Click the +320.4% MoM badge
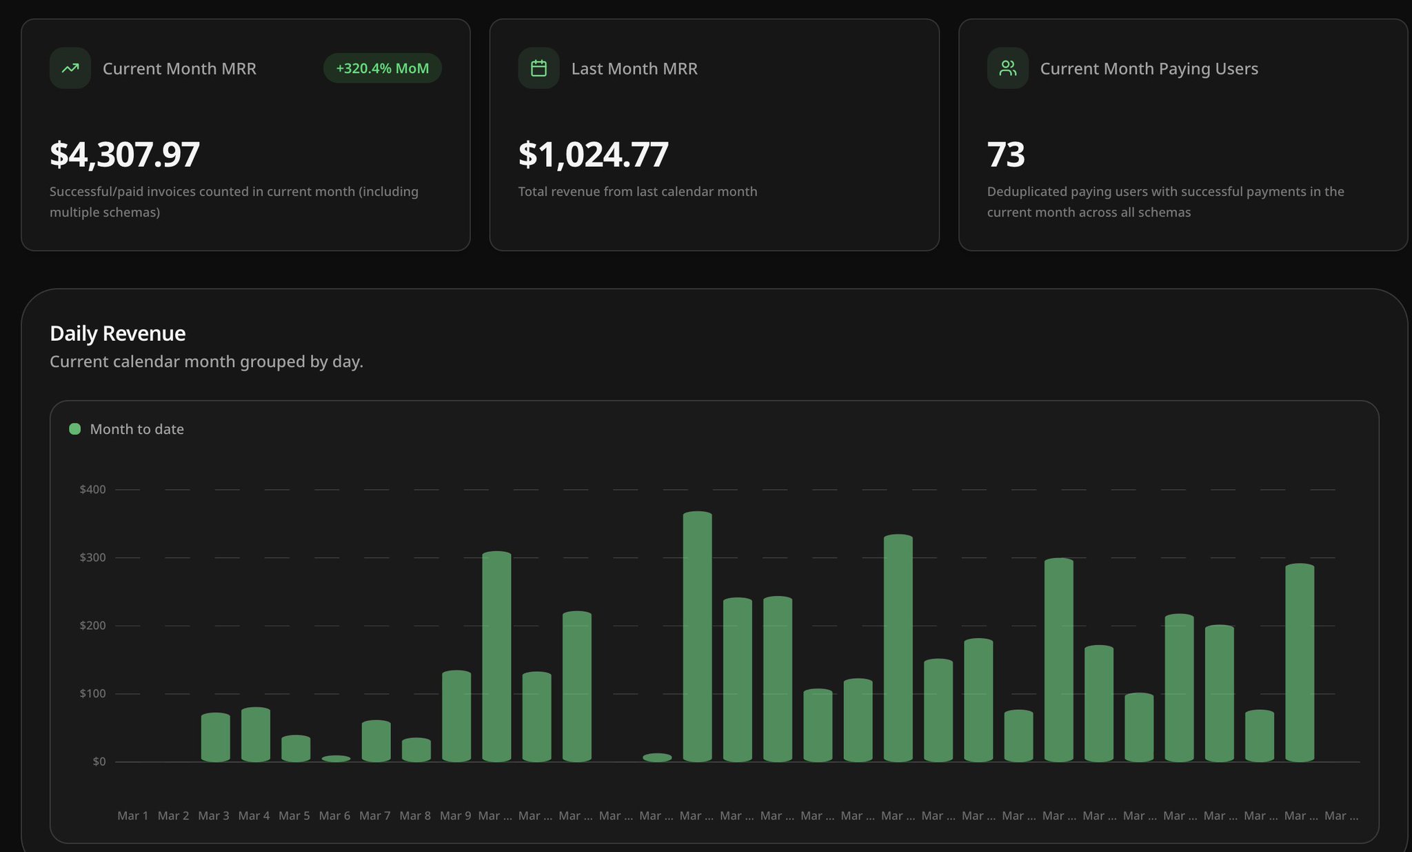pyautogui.click(x=383, y=68)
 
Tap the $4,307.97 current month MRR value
pyautogui.click(x=125, y=155)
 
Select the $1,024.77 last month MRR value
pyautogui.click(x=594, y=155)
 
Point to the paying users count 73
pyautogui.click(x=1006, y=155)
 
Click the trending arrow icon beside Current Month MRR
pyautogui.click(x=70, y=68)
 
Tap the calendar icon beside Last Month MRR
pyautogui.click(x=538, y=68)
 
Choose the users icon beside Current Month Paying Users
pyautogui.click(x=1007, y=68)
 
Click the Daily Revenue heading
pyautogui.click(x=118, y=334)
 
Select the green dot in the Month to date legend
pyautogui.click(x=75, y=429)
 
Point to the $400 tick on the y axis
pyautogui.click(x=93, y=490)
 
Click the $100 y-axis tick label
pyautogui.click(x=93, y=693)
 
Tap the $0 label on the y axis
pyautogui.click(x=99, y=762)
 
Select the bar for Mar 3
pyautogui.click(x=216, y=737)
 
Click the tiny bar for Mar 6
pyautogui.click(x=336, y=759)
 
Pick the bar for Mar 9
pyautogui.click(x=456, y=716)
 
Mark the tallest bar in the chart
pyautogui.click(x=698, y=637)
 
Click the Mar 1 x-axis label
pyautogui.click(x=133, y=815)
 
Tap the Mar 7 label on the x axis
pyautogui.click(x=375, y=815)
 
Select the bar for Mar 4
pyautogui.click(x=256, y=735)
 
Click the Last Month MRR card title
pyautogui.click(x=634, y=68)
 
